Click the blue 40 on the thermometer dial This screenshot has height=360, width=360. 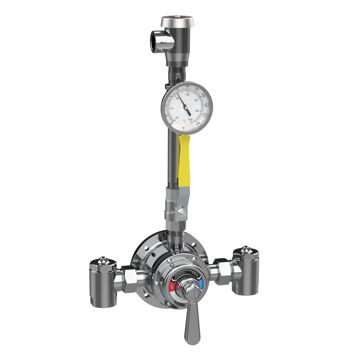click(x=187, y=94)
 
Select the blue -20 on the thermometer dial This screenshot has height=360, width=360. click(x=177, y=118)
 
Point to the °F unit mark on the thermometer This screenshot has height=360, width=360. click(x=183, y=128)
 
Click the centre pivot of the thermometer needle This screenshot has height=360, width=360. click(x=185, y=107)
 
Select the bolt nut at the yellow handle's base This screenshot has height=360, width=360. click(x=181, y=213)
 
